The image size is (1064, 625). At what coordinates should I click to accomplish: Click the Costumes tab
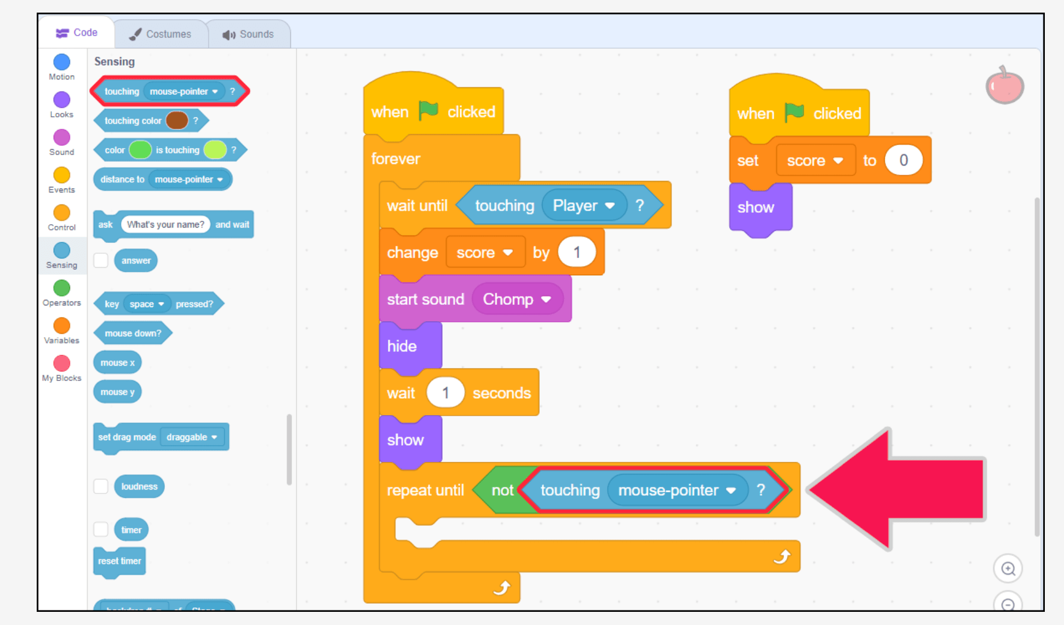161,34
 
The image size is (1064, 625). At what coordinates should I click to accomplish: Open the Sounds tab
248,34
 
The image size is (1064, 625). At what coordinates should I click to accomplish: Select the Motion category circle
62,62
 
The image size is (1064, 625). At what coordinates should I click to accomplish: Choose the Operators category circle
62,288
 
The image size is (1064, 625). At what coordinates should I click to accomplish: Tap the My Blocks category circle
62,363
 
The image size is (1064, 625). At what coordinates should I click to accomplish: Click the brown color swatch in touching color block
177,120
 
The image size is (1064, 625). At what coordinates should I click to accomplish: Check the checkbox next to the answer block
101,260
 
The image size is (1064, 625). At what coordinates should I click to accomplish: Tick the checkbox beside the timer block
101,529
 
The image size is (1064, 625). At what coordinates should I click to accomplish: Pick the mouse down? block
133,333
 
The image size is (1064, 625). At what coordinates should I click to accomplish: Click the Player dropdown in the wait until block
584,206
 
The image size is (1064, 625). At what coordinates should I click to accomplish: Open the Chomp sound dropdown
517,299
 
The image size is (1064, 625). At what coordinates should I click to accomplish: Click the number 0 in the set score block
903,160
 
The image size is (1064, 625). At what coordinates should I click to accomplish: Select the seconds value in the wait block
445,393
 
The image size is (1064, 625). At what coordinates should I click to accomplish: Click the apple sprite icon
1005,86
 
